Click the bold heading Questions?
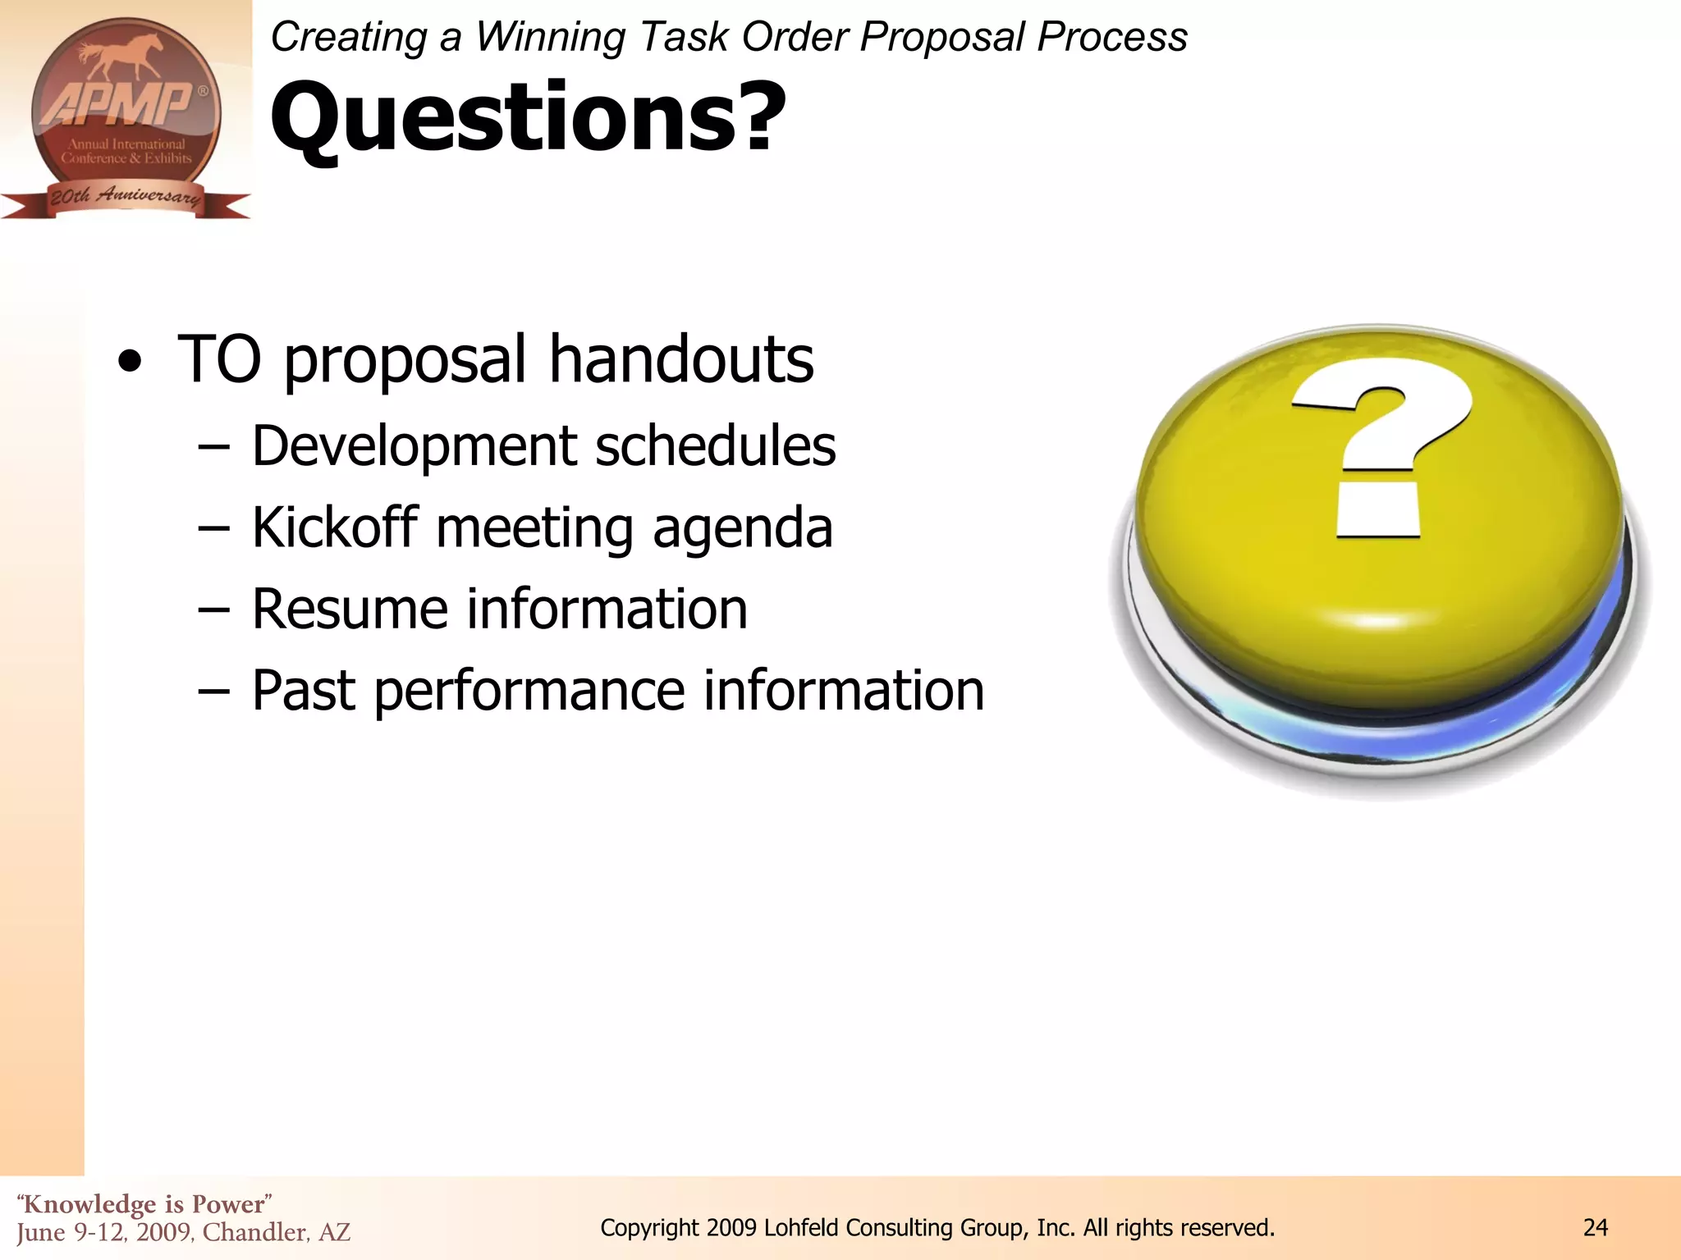point(528,117)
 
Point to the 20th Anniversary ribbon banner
point(125,197)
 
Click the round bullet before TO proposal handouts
point(130,361)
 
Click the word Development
point(415,447)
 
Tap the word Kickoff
point(334,527)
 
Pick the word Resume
point(350,609)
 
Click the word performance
point(529,692)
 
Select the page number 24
point(1595,1228)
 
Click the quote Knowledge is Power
point(144,1204)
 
